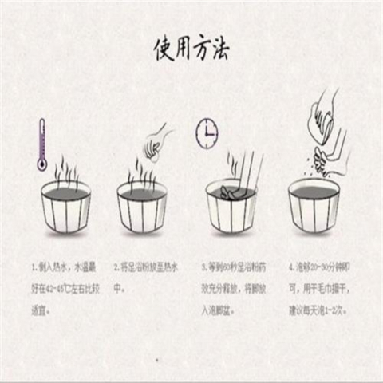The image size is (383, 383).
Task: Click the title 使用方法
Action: point(191,49)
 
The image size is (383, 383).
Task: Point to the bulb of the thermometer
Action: point(41,164)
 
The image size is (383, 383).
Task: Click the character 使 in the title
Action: point(163,49)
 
